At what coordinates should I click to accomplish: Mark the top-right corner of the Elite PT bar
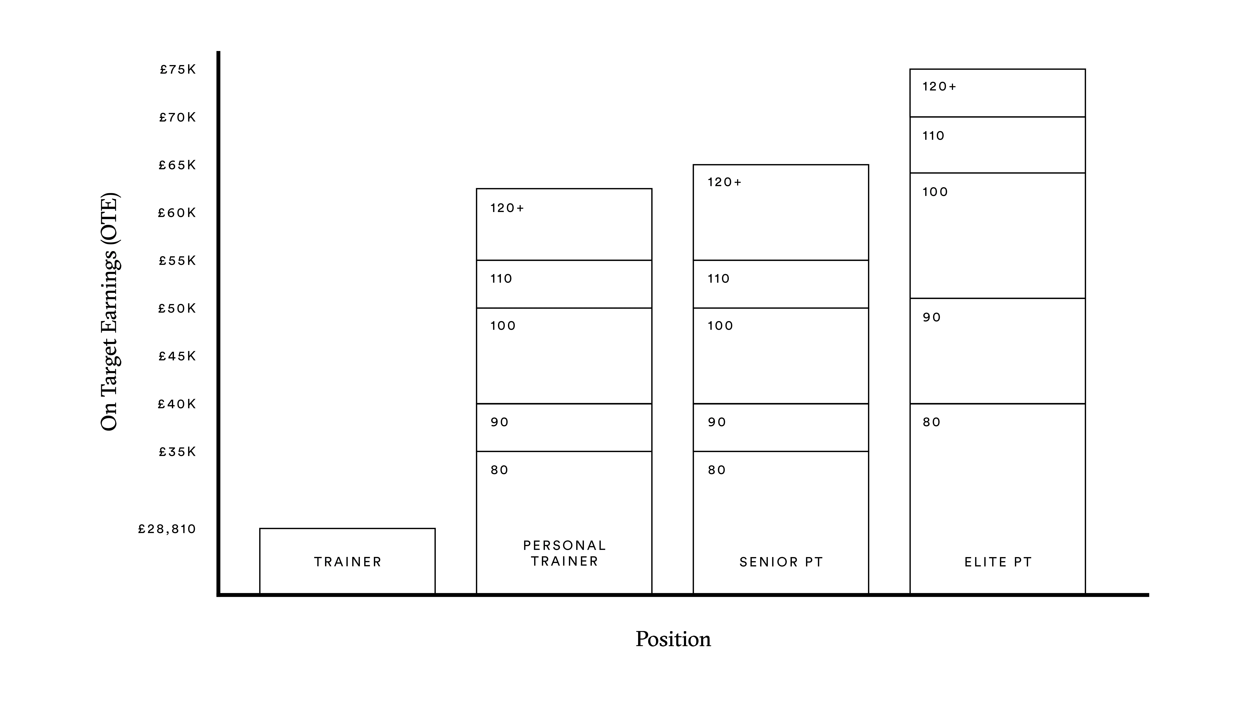(1085, 69)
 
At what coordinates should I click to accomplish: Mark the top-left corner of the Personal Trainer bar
(477, 189)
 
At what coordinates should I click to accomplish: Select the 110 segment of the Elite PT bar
(997, 145)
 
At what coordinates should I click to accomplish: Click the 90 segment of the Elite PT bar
(997, 351)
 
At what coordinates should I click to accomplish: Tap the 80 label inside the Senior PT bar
(717, 470)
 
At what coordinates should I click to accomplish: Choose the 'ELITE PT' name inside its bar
(998, 562)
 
